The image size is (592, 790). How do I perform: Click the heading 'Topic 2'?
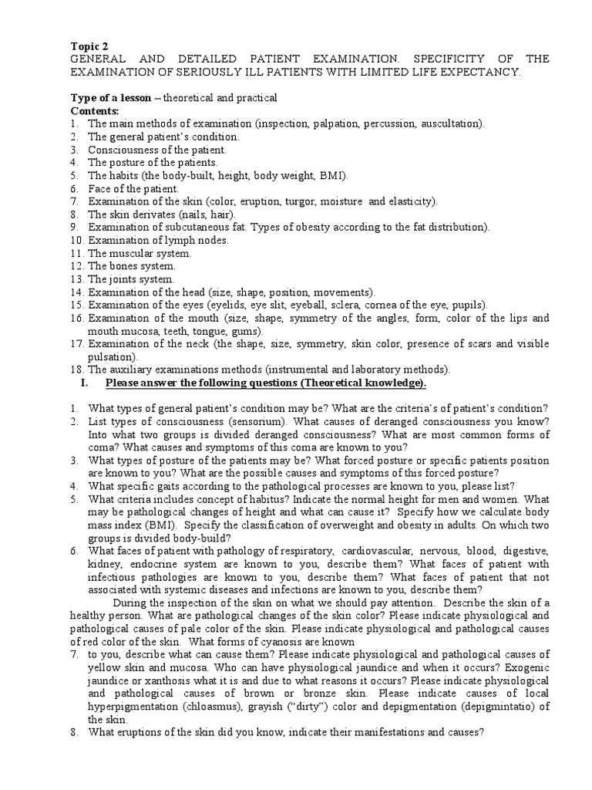click(x=89, y=46)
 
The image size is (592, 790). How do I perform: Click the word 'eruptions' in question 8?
click(x=136, y=734)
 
